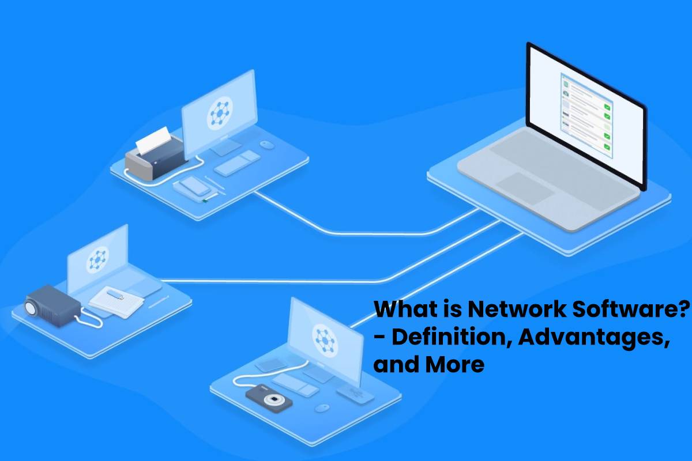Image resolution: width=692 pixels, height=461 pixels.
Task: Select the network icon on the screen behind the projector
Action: point(97,260)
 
